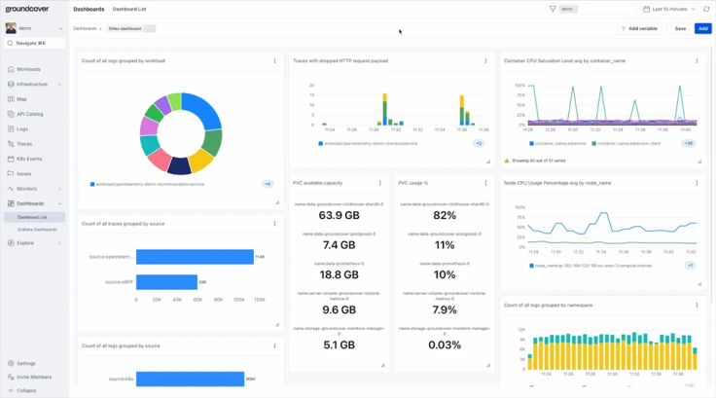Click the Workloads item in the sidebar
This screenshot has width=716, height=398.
click(x=28, y=69)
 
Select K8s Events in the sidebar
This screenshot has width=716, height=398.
click(x=29, y=159)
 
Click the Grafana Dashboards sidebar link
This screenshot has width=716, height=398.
click(x=37, y=230)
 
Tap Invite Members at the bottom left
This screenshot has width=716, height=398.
click(x=34, y=377)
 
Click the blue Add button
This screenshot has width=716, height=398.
click(x=702, y=28)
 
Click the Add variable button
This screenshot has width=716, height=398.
click(x=640, y=28)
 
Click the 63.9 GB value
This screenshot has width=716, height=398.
click(x=339, y=215)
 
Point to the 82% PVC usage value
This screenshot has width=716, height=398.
click(x=445, y=215)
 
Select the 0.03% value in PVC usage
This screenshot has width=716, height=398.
click(x=445, y=344)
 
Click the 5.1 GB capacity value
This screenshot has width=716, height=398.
click(x=339, y=344)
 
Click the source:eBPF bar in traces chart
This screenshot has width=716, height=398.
click(x=166, y=282)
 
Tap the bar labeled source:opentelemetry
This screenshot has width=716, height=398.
click(x=195, y=257)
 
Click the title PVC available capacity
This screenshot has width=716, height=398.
click(x=317, y=183)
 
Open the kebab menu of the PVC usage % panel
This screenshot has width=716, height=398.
click(x=485, y=183)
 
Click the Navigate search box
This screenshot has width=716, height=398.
click(x=35, y=43)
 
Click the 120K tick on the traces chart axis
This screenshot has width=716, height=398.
click(x=260, y=300)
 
